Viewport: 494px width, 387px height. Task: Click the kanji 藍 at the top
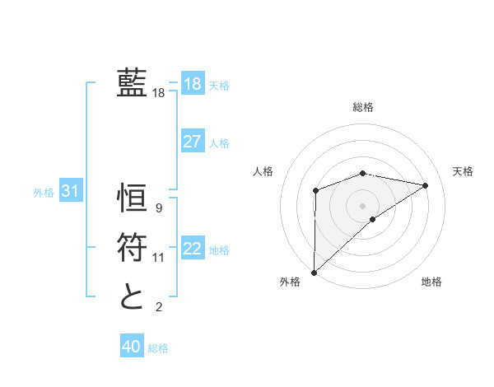click(x=132, y=84)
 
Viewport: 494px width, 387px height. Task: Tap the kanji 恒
click(x=132, y=198)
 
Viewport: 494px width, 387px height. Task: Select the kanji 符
click(x=132, y=247)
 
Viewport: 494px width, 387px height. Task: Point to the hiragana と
click(x=132, y=296)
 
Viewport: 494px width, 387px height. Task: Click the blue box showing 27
click(x=192, y=142)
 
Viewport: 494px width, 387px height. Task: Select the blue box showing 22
click(x=192, y=249)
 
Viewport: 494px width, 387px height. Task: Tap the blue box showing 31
click(x=70, y=192)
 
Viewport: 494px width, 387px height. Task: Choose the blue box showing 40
click(x=131, y=347)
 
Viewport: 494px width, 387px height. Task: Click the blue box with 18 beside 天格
click(x=192, y=83)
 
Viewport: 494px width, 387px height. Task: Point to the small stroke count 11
click(x=159, y=258)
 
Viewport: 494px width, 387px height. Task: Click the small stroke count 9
click(x=159, y=208)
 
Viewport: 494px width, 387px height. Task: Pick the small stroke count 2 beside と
click(x=159, y=307)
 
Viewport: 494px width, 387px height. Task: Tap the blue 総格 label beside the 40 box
click(x=158, y=348)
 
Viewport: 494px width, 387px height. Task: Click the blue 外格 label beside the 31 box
click(x=44, y=193)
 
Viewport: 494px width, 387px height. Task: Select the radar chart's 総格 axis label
click(x=362, y=107)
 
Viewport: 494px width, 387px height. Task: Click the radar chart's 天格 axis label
click(x=464, y=171)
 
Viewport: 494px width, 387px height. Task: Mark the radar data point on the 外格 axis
click(x=314, y=272)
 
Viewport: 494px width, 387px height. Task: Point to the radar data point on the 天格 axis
click(x=426, y=185)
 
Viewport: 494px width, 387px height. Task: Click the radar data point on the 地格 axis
click(x=373, y=219)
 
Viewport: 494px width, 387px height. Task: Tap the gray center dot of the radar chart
click(x=362, y=205)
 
